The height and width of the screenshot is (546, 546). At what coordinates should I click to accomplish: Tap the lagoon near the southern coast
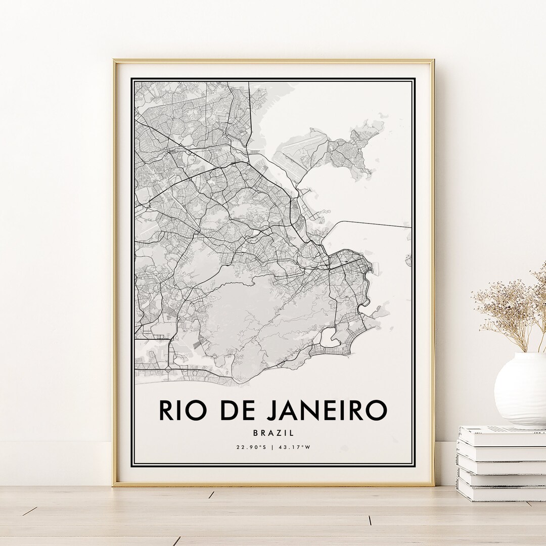[330, 336]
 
